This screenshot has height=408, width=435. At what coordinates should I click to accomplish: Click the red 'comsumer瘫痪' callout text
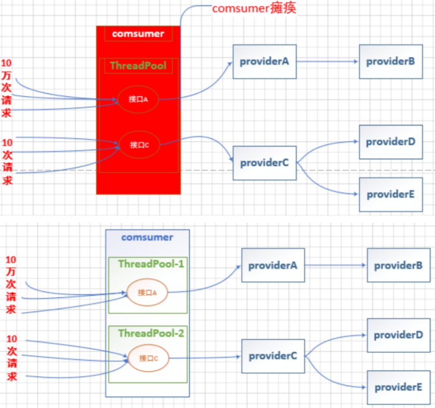pyautogui.click(x=254, y=9)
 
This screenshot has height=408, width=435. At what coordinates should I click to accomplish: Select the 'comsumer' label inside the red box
pyautogui.click(x=138, y=33)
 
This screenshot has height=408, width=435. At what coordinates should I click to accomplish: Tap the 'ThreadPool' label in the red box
pyautogui.click(x=138, y=66)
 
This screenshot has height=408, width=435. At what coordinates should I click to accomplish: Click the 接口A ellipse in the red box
pyautogui.click(x=138, y=99)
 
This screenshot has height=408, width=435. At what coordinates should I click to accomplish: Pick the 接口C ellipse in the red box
pyautogui.click(x=139, y=145)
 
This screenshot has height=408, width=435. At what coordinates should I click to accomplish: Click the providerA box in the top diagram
pyautogui.click(x=264, y=61)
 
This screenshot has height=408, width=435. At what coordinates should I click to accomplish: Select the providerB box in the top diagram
pyautogui.click(x=390, y=61)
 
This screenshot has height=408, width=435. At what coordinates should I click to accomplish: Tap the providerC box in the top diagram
pyautogui.click(x=264, y=163)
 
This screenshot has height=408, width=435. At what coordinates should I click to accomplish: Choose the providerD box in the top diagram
pyautogui.click(x=390, y=142)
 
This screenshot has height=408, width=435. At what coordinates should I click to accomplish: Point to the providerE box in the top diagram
pyautogui.click(x=390, y=194)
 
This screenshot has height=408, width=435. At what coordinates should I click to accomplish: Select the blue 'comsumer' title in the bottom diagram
pyautogui.click(x=147, y=237)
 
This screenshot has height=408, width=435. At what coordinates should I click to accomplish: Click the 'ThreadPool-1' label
pyautogui.click(x=151, y=264)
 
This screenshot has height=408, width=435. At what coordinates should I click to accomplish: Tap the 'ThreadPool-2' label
pyautogui.click(x=151, y=333)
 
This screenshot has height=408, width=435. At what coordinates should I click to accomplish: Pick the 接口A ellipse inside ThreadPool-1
pyautogui.click(x=147, y=292)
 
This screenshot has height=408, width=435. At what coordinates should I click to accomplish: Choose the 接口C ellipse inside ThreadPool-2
pyautogui.click(x=148, y=358)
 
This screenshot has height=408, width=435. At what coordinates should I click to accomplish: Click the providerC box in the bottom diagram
pyautogui.click(x=273, y=356)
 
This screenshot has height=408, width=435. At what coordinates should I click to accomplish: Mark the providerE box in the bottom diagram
pyautogui.click(x=398, y=387)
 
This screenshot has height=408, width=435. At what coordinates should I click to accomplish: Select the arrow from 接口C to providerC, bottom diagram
pyautogui.click(x=204, y=357)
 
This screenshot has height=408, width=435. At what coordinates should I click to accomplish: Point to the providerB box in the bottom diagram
pyautogui.click(x=398, y=265)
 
